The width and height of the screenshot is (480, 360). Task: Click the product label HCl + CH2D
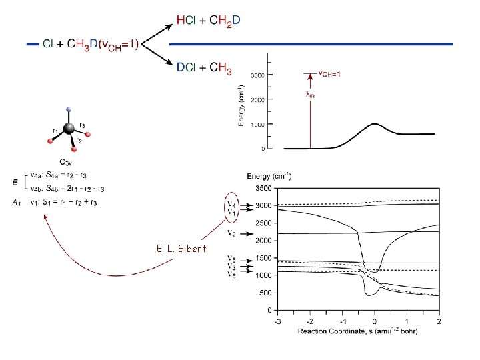[209, 21]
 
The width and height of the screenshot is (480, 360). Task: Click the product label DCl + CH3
[204, 67]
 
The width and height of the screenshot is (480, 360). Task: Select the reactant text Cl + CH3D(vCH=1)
[91, 44]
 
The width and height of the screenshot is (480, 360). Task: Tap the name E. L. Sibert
[182, 249]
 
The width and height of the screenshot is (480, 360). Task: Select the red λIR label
[310, 95]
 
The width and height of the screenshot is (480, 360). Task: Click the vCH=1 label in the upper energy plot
[329, 73]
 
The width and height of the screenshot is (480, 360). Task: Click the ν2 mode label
[231, 233]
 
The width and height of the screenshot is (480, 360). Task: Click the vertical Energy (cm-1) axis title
[241, 105]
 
